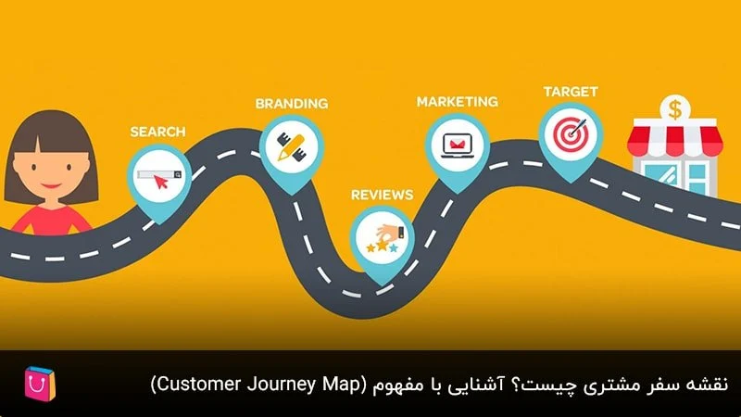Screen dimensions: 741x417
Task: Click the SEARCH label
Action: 157,132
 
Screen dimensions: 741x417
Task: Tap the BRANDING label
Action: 292,104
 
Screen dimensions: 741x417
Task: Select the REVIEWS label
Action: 382,195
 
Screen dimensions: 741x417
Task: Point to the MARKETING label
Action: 457,102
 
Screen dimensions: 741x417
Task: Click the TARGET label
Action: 571,92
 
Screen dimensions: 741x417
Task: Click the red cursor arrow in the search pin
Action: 161,182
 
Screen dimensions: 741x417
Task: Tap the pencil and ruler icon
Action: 291,146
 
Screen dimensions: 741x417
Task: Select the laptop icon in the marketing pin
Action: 457,145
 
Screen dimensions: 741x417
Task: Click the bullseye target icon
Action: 571,134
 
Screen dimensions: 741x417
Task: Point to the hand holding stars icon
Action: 385,238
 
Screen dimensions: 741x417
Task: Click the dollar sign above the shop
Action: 675,109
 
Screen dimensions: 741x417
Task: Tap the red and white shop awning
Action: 675,137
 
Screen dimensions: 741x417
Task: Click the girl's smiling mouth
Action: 52,184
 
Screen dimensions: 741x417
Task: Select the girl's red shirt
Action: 51,221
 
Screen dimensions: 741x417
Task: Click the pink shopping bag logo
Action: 40,384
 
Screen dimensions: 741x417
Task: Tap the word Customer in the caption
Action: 198,384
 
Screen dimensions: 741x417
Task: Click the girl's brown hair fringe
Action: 50,134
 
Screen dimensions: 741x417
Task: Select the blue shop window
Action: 661,177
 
